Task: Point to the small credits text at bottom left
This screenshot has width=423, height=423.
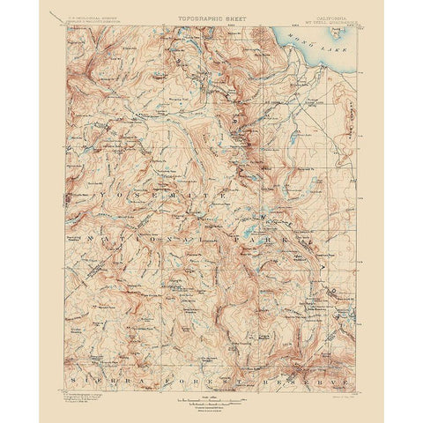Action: tap(84, 392)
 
